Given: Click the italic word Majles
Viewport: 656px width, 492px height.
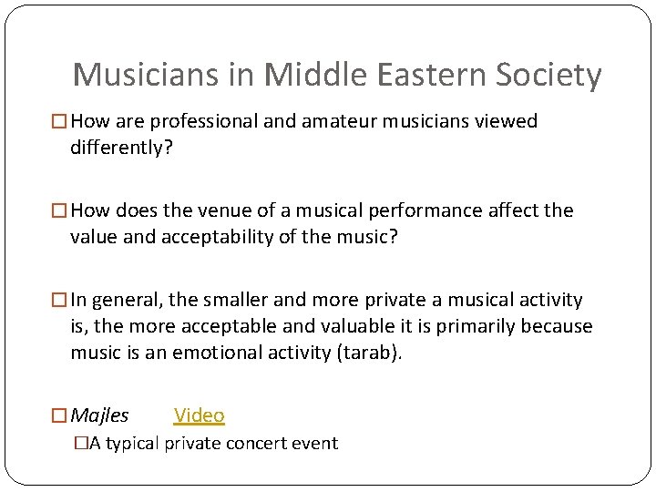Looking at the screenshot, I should coord(99,415).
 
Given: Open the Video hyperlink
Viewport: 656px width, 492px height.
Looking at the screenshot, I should coord(199,415).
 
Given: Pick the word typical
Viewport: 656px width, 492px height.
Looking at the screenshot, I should coord(133,444).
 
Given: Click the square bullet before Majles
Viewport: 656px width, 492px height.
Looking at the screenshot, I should coord(59,416).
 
